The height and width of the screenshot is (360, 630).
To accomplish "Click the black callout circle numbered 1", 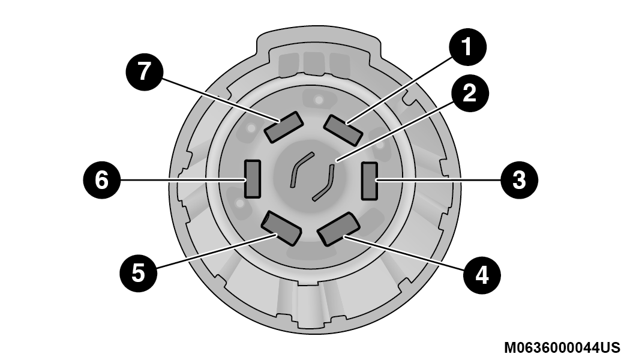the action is (x=467, y=47).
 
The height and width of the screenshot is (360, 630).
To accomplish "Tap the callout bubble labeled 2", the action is (x=470, y=94).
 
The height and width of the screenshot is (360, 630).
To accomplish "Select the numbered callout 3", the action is (x=519, y=179).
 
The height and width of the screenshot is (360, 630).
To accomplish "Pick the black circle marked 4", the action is (x=482, y=275).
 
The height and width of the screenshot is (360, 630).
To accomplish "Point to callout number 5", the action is (x=138, y=273).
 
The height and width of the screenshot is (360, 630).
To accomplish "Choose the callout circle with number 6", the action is (x=101, y=179).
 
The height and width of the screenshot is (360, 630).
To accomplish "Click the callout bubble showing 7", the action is (x=144, y=72).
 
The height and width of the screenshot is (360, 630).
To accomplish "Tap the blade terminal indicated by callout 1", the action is (x=343, y=130).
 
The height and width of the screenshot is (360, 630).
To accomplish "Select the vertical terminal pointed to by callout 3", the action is (x=369, y=181).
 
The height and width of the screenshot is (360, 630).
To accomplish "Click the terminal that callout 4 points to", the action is (x=338, y=230).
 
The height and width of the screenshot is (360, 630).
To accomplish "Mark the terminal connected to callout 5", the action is (x=281, y=228).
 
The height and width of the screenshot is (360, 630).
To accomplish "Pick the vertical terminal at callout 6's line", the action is (x=253, y=179).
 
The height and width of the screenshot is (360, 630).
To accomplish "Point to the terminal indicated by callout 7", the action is (x=283, y=127).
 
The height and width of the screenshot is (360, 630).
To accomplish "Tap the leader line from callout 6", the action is (x=183, y=179).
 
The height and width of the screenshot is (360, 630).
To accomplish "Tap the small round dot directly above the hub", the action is (x=319, y=99).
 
